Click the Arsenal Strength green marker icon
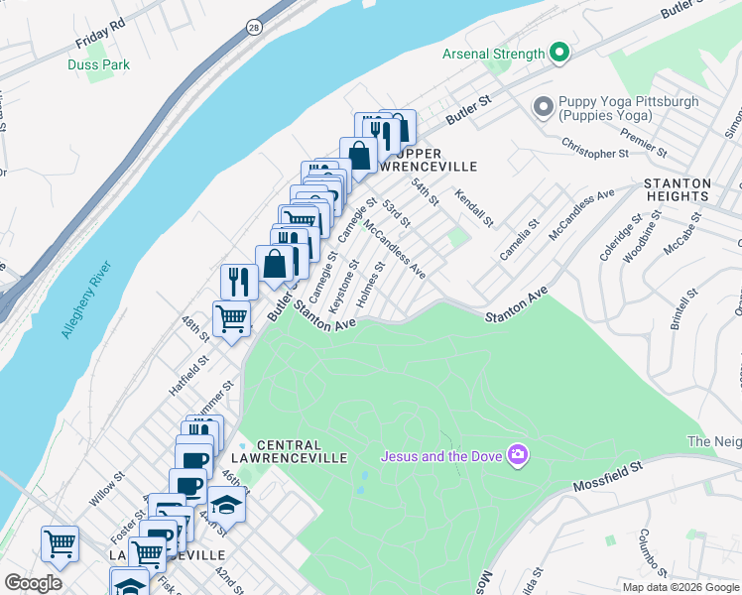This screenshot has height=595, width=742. click(x=558, y=54)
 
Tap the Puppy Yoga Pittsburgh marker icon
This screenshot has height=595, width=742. click(x=543, y=106)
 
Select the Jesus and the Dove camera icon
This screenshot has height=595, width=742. click(x=517, y=456)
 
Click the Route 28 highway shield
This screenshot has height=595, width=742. click(x=255, y=29)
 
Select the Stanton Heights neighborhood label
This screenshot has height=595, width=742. click(x=678, y=190)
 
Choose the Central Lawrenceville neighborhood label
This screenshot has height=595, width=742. click(x=302, y=452)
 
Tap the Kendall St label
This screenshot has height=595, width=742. click(x=474, y=204)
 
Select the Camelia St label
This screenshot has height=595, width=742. click(x=519, y=241)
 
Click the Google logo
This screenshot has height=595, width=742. click(x=33, y=582)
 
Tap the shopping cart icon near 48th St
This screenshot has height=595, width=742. click(x=231, y=319)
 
